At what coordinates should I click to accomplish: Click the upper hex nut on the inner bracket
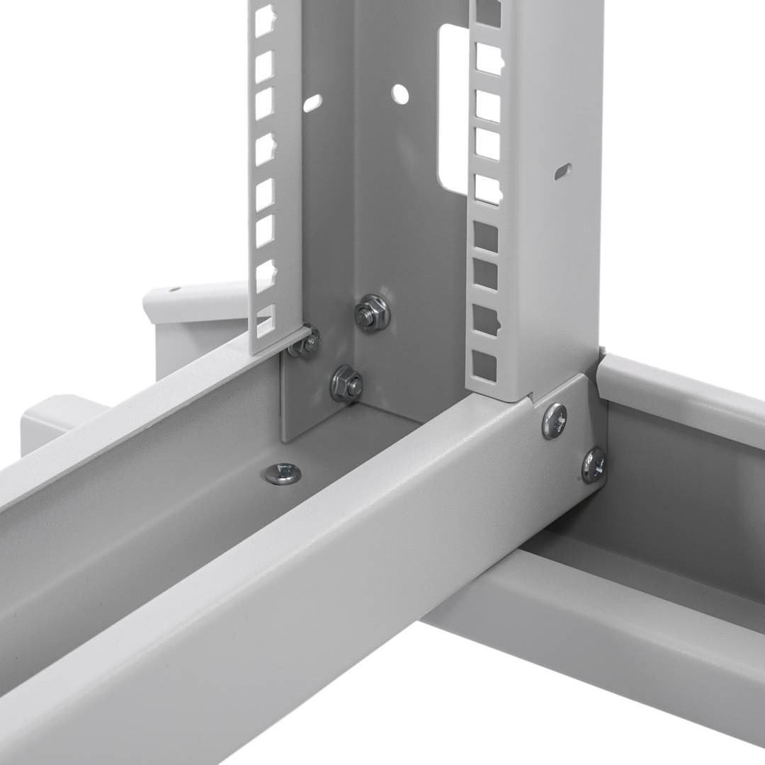[x=371, y=312]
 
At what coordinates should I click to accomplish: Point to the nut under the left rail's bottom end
[x=306, y=344]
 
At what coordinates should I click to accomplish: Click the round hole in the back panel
[x=400, y=93]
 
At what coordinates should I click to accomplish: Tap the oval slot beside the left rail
[x=312, y=103]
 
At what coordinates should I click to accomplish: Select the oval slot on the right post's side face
[x=563, y=171]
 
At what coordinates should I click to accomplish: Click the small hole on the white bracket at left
[x=174, y=289]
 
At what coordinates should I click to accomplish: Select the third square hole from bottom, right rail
[x=485, y=275]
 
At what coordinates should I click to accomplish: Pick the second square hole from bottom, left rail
[x=265, y=275]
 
